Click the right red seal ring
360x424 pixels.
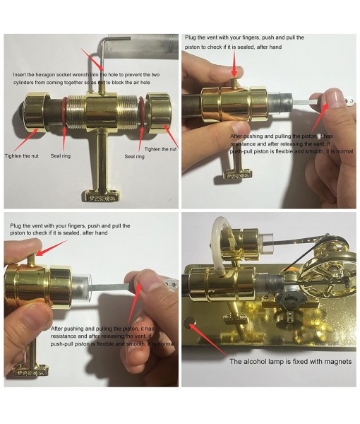click(140, 114)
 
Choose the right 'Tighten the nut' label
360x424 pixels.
click(160, 149)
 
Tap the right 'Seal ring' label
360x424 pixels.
click(135, 156)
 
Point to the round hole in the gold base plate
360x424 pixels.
click(193, 322)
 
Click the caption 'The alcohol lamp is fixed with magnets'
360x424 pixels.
click(290, 361)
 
